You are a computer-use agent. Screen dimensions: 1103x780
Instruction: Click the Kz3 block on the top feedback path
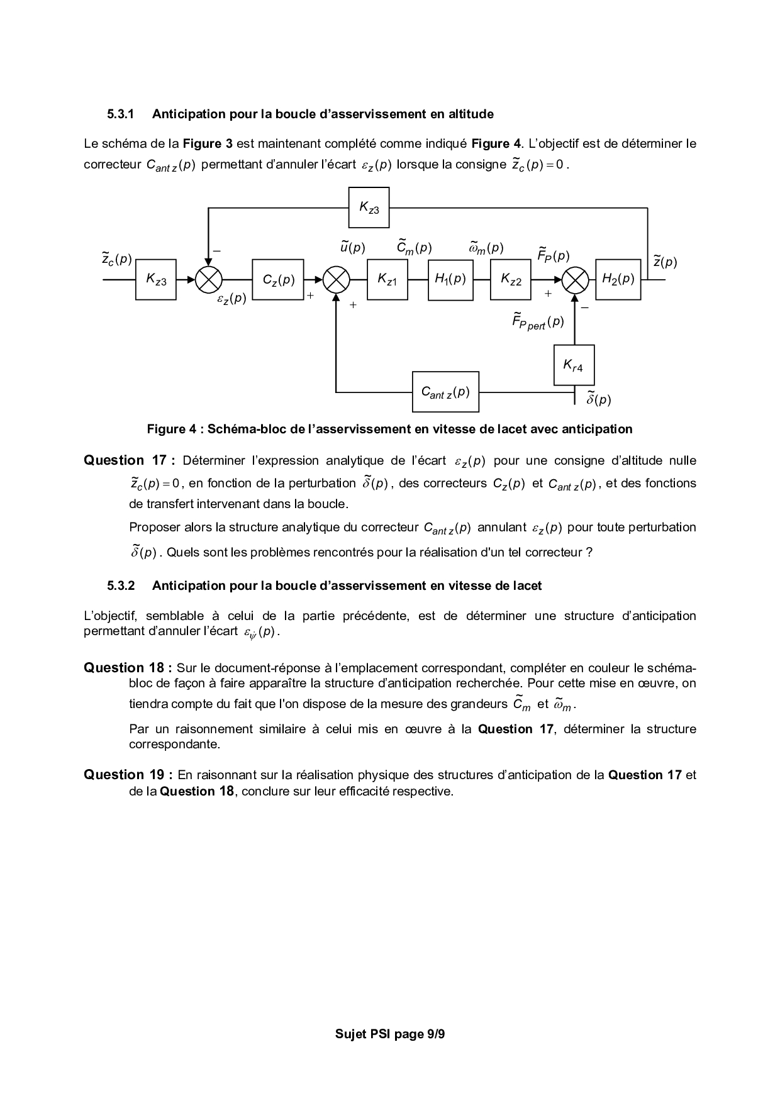click(369, 208)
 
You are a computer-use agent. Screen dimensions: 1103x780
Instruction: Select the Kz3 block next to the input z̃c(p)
click(156, 279)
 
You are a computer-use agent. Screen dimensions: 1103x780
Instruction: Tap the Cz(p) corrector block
click(278, 279)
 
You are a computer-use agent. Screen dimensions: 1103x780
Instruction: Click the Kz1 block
click(387, 279)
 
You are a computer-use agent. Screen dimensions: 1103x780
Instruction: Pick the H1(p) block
click(450, 279)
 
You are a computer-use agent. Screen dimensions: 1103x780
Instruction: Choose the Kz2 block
click(511, 279)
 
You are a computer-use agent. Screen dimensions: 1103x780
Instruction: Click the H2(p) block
click(618, 279)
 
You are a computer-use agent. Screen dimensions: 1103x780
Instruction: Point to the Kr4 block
click(574, 365)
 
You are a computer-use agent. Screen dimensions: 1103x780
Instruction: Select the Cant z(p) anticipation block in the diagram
click(445, 392)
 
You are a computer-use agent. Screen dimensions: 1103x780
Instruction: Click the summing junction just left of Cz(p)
click(209, 279)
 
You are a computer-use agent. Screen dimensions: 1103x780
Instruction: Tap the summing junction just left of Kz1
click(337, 279)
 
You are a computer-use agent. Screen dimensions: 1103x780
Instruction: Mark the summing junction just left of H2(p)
click(575, 279)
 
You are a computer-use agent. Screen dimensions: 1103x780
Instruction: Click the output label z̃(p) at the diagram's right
click(665, 262)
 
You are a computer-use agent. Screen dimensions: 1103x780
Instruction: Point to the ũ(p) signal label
click(352, 247)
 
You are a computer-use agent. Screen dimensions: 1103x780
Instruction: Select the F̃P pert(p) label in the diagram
click(538, 322)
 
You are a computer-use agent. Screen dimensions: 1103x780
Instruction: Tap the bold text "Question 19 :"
click(128, 775)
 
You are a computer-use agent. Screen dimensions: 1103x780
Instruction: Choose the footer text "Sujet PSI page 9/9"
click(390, 1034)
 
